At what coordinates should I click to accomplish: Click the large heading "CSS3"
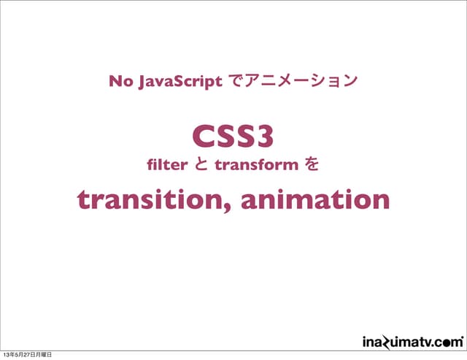pos(233,136)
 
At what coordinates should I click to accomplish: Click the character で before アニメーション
pos(233,81)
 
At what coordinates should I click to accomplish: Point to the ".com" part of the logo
pos(447,341)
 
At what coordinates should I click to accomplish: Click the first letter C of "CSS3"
pos(203,136)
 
